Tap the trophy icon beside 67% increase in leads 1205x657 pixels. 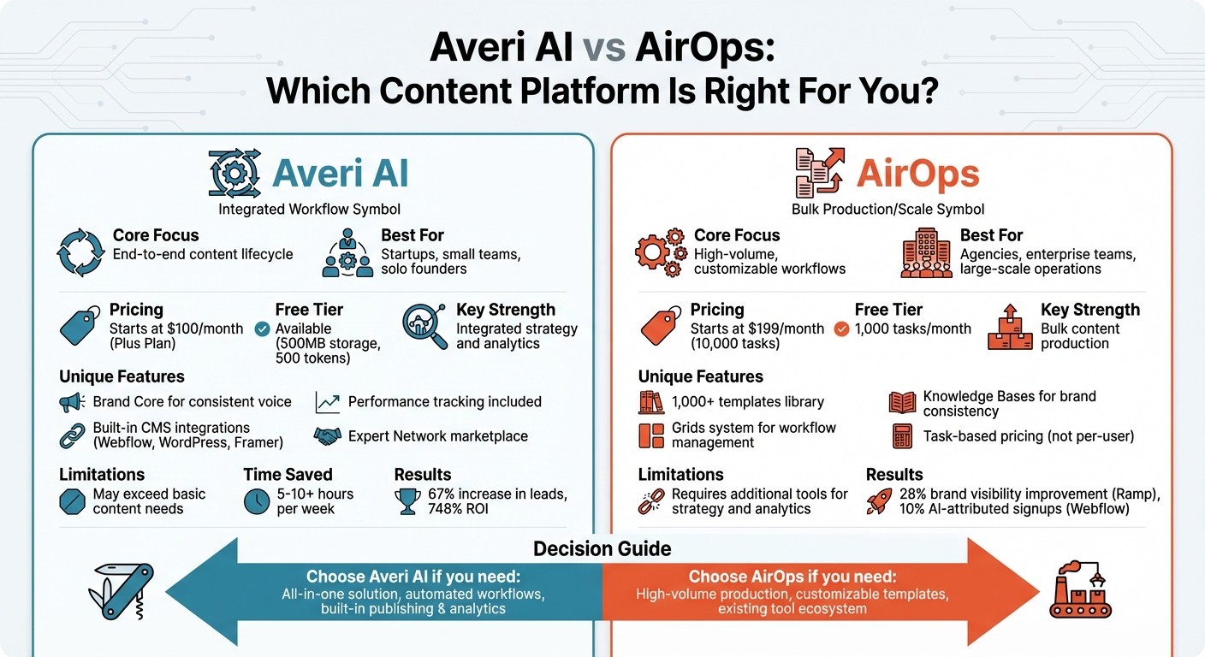pos(408,501)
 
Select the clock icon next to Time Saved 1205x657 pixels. pos(257,501)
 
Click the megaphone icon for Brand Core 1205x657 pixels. pos(70,401)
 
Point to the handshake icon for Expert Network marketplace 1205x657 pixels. pos(327,436)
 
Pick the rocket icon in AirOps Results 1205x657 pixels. pos(880,501)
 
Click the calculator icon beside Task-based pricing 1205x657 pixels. pos(902,436)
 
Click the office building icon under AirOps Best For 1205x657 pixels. pos(926,252)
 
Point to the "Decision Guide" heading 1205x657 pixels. pos(602,548)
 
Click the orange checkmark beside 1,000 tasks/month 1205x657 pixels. pos(841,328)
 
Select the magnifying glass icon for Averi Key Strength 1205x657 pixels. pos(424,326)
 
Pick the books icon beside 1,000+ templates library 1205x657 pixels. pos(651,401)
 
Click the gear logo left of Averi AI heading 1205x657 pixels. pos(234,174)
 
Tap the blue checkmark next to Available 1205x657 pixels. pos(263,328)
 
